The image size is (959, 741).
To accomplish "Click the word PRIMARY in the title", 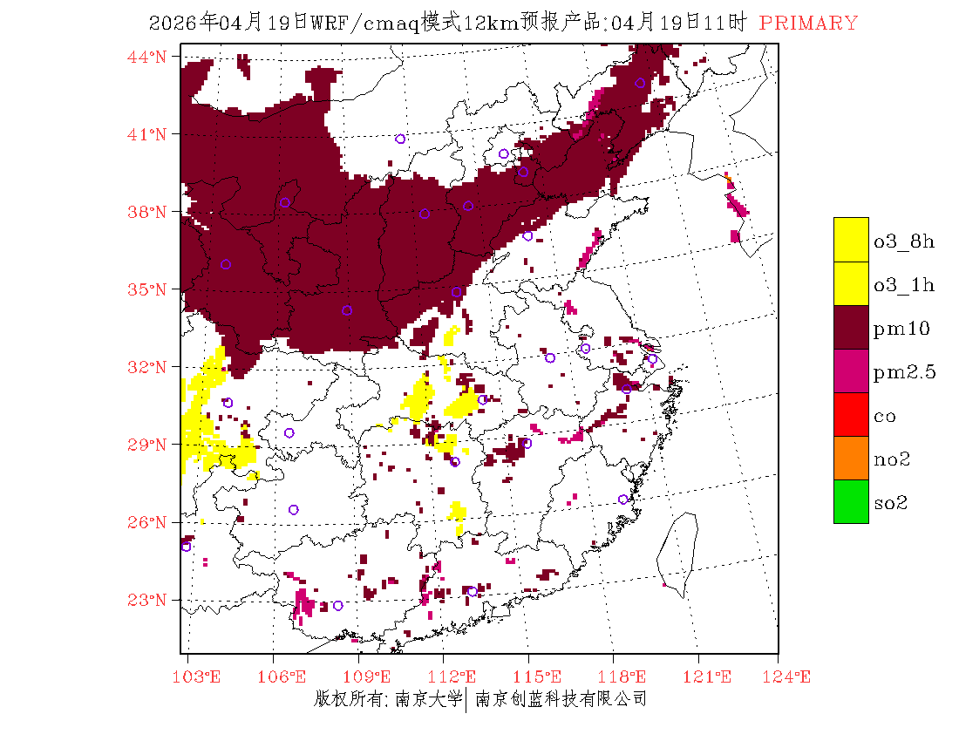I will pos(808,24).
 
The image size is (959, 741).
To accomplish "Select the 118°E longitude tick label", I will pos(627,676).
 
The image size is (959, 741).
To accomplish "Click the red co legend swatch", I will pos(851,414).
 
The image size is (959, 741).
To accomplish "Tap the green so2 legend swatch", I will pos(851,501).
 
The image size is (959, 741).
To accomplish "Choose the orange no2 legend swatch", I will pos(851,458).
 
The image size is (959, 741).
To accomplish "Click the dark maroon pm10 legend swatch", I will pos(851,327).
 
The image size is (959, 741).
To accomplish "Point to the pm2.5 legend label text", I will pos(904,373).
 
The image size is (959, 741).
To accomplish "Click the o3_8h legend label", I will pos(904,241).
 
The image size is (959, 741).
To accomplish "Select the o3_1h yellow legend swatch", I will pos(851,283).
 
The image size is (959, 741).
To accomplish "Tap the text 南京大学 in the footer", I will pos(428,699).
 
